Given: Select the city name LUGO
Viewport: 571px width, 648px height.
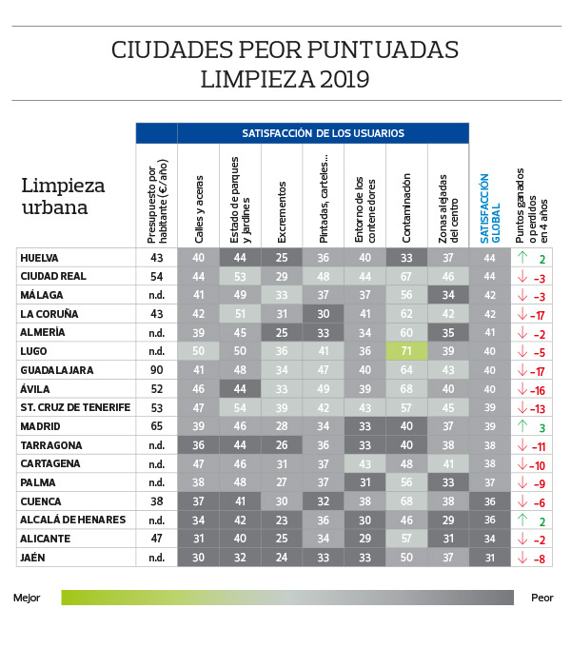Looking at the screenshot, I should pos(34,351).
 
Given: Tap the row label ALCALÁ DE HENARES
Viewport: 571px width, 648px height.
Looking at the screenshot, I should pos(69,520).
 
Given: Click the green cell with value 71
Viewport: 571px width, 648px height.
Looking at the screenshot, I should pos(406,351).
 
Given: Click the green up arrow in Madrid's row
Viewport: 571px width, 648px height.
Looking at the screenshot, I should pos(522,426).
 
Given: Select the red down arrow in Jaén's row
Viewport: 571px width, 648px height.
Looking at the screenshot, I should pos(522,557).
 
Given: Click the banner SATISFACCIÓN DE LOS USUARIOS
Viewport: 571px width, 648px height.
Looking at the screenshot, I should pos(323,133).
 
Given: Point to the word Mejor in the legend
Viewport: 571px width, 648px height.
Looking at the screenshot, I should pos(27,599).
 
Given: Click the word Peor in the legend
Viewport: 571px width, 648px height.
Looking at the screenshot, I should pos(540,599).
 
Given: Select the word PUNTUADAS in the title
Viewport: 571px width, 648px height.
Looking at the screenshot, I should pos(386,49).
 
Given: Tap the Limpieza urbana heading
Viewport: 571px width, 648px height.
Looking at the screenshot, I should pos(63,196).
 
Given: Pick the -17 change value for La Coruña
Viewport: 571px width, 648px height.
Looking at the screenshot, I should pos(537,314).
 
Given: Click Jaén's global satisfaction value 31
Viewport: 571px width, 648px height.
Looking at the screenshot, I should pos(489,557).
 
